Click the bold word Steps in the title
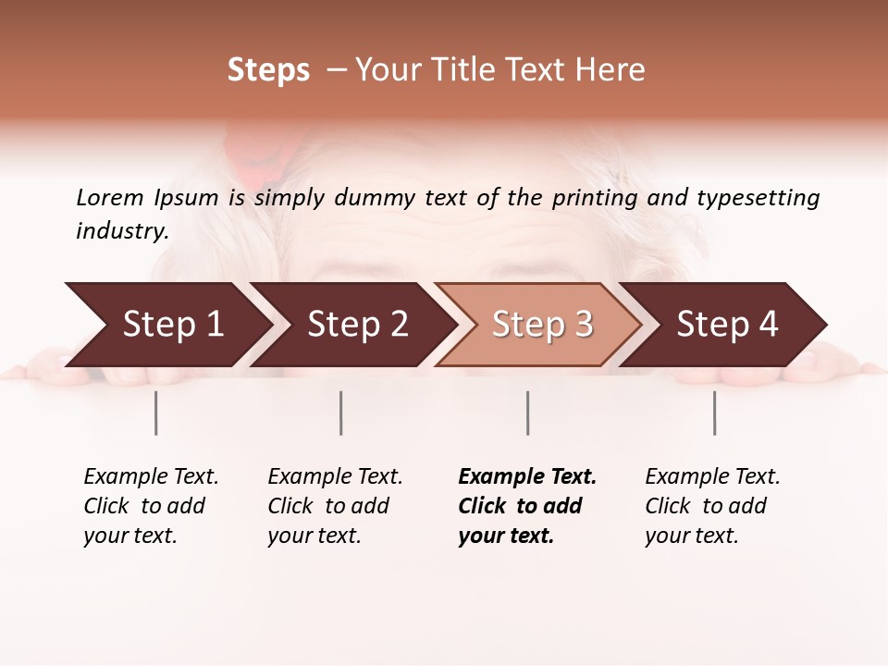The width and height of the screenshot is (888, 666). (268, 70)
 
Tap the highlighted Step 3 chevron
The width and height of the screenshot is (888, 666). (542, 325)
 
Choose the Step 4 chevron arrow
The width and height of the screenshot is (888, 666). (727, 325)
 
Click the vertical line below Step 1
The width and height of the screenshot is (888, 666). (156, 413)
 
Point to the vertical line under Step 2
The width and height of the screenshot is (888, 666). (341, 413)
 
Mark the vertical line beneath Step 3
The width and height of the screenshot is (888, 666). (528, 413)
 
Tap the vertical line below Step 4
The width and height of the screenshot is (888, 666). (715, 413)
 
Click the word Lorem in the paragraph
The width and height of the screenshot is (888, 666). (110, 198)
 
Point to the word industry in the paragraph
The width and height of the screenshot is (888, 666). (122, 231)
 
